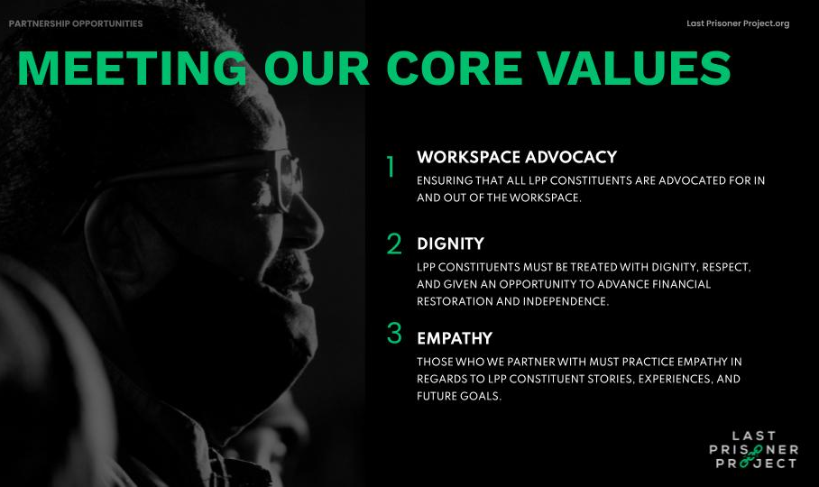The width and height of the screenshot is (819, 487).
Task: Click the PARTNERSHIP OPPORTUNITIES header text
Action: [76, 23]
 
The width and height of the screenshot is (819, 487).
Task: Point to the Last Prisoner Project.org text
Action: [737, 23]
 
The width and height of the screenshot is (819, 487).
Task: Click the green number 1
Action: [391, 167]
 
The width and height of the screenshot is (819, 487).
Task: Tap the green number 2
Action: [394, 243]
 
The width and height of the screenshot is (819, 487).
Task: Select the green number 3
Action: [394, 333]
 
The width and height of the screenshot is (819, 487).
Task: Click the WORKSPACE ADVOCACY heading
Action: [517, 157]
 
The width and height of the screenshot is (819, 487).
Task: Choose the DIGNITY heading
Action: [450, 243]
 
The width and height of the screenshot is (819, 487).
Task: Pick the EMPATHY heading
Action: [455, 339]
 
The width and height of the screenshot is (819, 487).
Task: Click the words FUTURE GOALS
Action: [457, 396]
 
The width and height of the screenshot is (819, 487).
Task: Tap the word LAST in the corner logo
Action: [753, 436]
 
